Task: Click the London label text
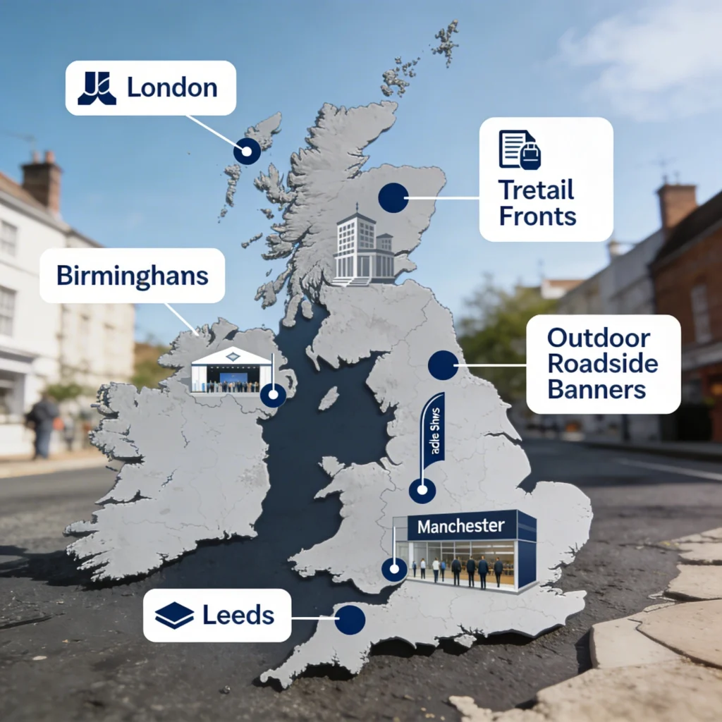tap(172, 88)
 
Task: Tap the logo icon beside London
tap(97, 88)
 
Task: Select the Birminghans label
tap(133, 275)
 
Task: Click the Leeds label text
tap(238, 615)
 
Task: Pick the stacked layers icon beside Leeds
tap(174, 616)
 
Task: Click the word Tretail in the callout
tap(536, 190)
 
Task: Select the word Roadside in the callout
tap(602, 364)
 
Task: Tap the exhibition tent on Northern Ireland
tap(231, 369)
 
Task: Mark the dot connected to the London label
tap(247, 151)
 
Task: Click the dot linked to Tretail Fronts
tap(393, 198)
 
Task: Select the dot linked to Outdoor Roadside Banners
tap(443, 365)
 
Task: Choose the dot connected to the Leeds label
tap(350, 620)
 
